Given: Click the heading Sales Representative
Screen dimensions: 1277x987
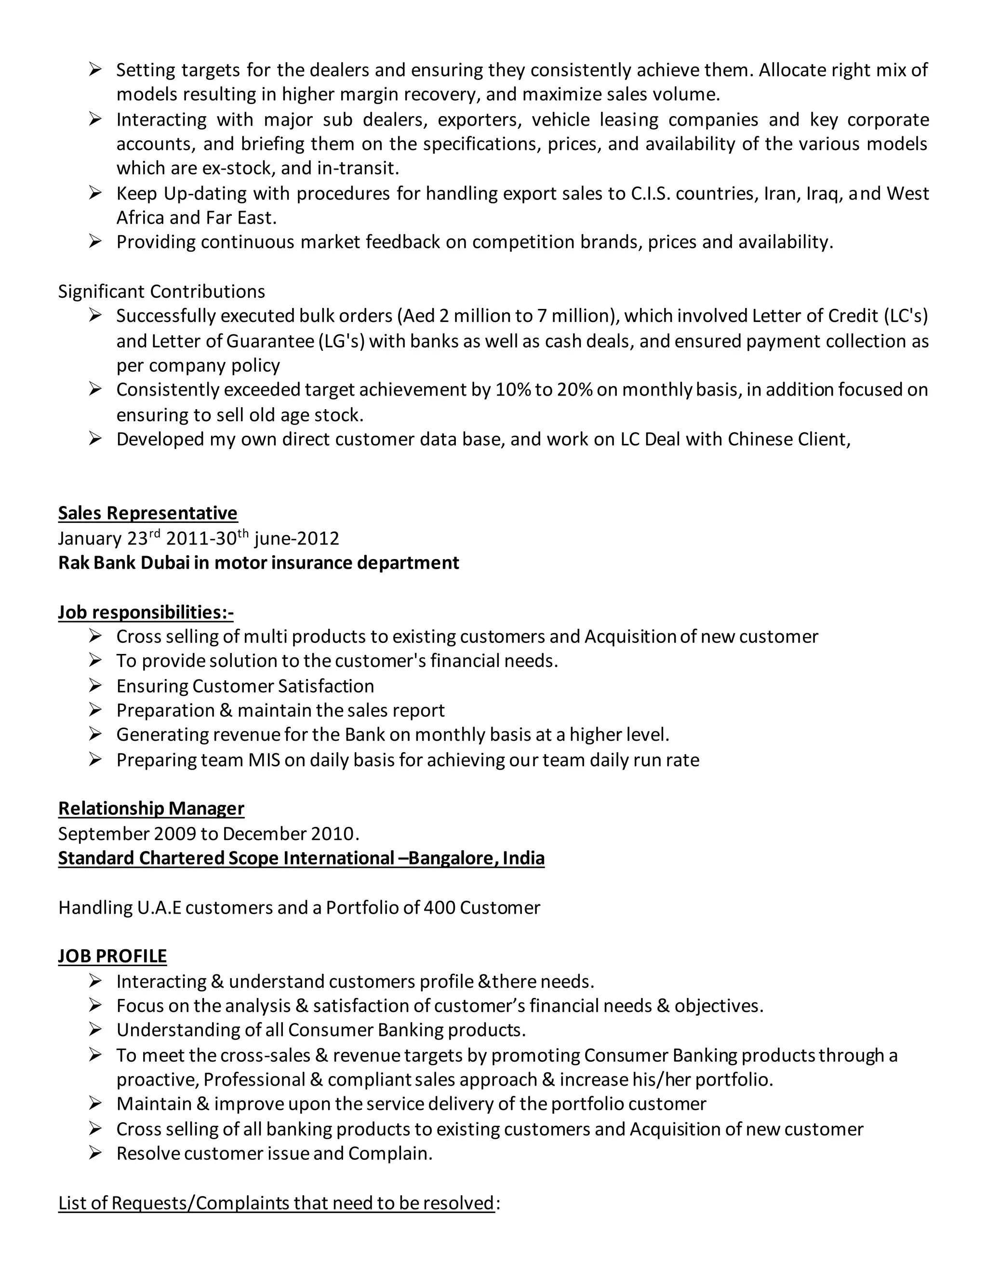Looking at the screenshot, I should click(147, 513).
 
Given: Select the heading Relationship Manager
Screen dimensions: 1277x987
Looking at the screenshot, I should click(151, 808).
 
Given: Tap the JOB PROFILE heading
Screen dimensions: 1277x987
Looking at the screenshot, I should click(112, 956).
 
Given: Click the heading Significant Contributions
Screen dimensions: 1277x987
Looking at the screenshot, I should click(161, 291).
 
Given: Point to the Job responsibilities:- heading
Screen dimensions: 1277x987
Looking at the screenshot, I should click(146, 612).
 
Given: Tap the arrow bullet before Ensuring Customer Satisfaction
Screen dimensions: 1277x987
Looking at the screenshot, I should click(95, 685).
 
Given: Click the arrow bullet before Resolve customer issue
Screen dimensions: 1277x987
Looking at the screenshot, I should click(95, 1153).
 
